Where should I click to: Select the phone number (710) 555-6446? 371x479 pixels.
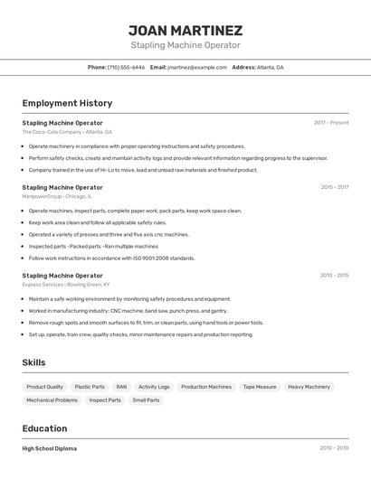126,67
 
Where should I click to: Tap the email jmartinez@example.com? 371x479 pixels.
197,67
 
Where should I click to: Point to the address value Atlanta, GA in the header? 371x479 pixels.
270,67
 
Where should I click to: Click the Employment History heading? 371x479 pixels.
61,103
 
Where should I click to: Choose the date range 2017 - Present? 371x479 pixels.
331,123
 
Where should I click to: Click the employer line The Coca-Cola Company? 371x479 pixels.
67,132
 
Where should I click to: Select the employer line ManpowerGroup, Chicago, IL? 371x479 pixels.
57,196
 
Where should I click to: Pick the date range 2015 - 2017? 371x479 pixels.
334,187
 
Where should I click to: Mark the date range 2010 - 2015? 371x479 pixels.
334,276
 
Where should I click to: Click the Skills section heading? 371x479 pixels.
34,362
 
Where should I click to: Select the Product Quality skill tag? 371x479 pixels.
44,387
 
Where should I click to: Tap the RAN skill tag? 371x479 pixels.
121,387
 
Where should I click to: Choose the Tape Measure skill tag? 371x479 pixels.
260,387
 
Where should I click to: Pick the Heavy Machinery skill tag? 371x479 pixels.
309,387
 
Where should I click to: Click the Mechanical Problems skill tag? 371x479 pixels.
52,399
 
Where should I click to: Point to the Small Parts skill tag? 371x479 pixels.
146,399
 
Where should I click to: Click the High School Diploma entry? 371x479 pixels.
50,448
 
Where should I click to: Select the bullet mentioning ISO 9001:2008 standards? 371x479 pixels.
111,258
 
